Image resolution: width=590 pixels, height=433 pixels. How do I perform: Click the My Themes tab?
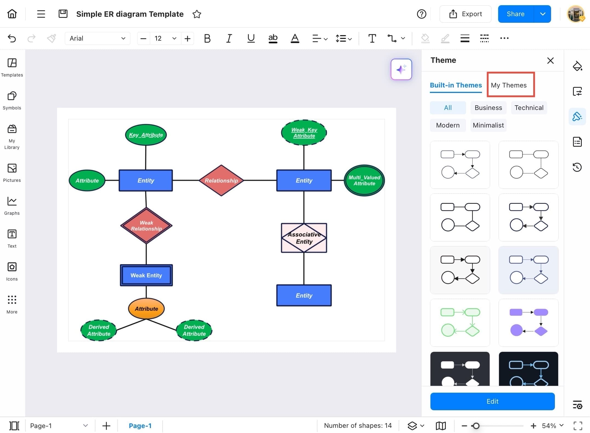[x=509, y=85]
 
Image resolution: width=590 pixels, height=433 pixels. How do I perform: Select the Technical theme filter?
[x=529, y=108]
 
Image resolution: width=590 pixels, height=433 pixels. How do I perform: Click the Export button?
[x=465, y=14]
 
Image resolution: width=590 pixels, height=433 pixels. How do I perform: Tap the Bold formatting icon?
[x=207, y=38]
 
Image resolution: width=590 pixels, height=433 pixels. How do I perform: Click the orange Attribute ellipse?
[x=146, y=309]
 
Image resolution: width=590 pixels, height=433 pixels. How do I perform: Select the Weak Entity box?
[x=146, y=275]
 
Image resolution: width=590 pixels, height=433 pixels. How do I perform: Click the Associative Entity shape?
[x=304, y=238]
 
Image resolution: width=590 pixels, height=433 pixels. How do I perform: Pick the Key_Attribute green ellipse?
[x=146, y=135]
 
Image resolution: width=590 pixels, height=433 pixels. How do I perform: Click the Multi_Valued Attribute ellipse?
[x=364, y=180]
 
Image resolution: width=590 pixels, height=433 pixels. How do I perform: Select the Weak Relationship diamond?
[x=146, y=226]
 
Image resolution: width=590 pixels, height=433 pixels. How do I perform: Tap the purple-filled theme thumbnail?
[x=528, y=323]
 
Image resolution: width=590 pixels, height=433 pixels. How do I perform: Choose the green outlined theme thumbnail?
[x=460, y=323]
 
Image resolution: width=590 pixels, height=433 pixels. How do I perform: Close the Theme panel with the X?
[x=550, y=61]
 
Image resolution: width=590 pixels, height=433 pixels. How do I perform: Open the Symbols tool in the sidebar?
[x=12, y=100]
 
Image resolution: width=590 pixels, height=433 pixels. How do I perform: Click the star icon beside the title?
[x=197, y=14]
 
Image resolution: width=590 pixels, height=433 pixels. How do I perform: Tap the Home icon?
[x=12, y=14]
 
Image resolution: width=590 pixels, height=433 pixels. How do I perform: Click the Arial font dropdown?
[x=97, y=38]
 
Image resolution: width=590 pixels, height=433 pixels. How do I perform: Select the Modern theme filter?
[x=447, y=125]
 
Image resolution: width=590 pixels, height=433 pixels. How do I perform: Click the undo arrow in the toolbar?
[x=12, y=38]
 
